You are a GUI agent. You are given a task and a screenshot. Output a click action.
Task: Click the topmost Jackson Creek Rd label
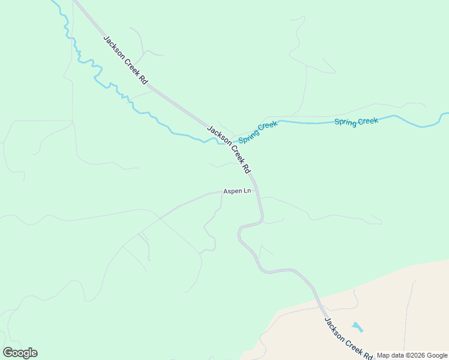pyautogui.click(x=125, y=59)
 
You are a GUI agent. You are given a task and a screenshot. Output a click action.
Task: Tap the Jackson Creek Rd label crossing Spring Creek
pyautogui.click(x=228, y=149)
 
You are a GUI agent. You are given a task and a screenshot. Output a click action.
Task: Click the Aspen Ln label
pyautogui.click(x=237, y=191)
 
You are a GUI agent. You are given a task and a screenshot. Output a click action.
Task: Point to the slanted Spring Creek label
pyautogui.click(x=258, y=132)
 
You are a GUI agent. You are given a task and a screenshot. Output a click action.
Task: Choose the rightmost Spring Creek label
pyautogui.click(x=356, y=122)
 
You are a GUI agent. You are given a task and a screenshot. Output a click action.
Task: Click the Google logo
pyautogui.click(x=20, y=353)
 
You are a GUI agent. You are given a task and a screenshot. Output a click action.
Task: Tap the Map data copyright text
pyautogui.click(x=412, y=355)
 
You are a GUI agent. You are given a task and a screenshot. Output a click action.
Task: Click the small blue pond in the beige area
pyautogui.click(x=358, y=328)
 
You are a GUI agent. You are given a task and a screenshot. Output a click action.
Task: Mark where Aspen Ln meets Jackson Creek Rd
pyautogui.click(x=257, y=192)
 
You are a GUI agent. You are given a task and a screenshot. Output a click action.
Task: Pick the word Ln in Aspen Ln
pyautogui.click(x=246, y=191)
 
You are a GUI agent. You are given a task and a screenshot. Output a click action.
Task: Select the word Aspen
pyautogui.click(x=232, y=191)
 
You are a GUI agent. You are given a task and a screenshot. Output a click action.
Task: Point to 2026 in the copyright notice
pyautogui.click(x=417, y=355)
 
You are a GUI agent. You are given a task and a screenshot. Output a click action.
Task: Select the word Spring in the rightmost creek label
pyautogui.click(x=345, y=122)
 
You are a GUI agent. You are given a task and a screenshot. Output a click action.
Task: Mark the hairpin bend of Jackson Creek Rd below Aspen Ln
pyautogui.click(x=240, y=229)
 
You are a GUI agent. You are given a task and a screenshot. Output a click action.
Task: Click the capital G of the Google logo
pyautogui.click(x=8, y=353)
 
